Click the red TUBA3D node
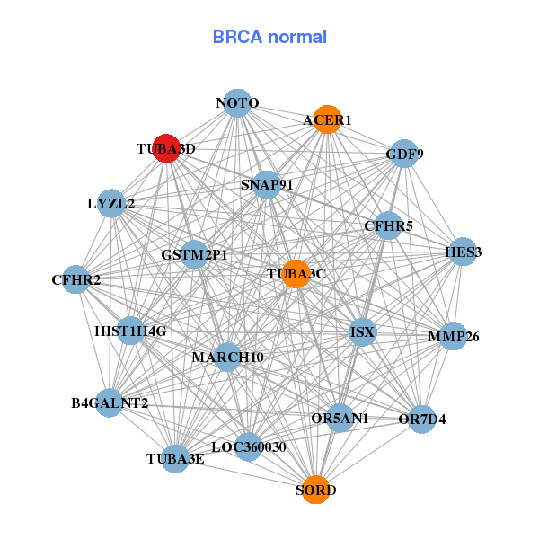166,148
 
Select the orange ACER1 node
328,119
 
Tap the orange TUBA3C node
296,274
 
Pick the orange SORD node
316,490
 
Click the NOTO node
237,103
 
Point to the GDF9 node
404,154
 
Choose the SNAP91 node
267,184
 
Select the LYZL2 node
111,203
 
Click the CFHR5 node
388,225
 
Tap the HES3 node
463,252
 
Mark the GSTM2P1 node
194,254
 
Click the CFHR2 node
76,279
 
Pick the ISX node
363,332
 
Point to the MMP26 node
454,336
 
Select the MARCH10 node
227,358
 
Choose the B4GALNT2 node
110,402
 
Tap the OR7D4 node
422,420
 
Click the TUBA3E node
175,459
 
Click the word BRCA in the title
237,37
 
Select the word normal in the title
297,37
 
